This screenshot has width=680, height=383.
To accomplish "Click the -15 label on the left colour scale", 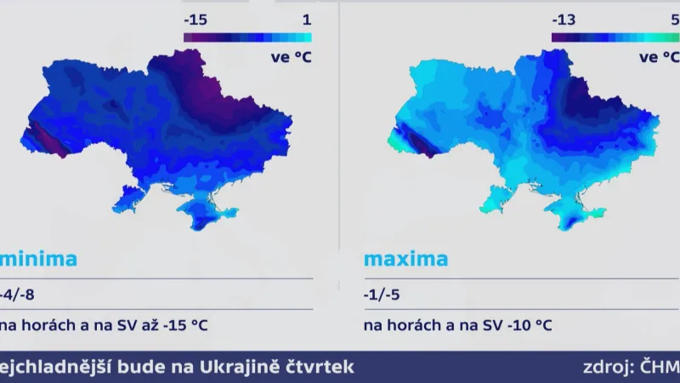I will point(196,18).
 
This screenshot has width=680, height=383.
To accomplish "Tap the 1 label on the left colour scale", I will point(306,18).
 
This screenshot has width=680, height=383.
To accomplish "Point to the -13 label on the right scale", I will point(564,18).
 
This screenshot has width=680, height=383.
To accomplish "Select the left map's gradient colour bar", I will point(247,37).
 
